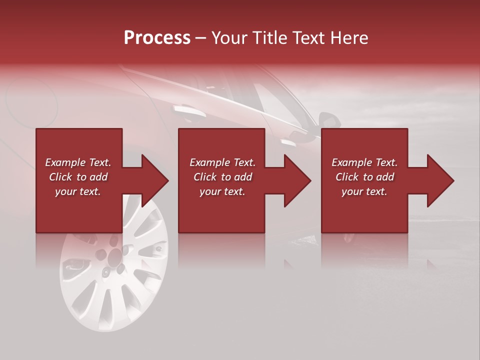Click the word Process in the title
(x=157, y=38)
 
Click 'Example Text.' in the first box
(x=78, y=162)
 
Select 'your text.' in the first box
(x=78, y=191)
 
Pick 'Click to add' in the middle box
(x=222, y=177)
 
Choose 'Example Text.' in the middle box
(x=222, y=162)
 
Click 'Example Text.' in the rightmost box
(x=364, y=162)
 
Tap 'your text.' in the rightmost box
(x=364, y=191)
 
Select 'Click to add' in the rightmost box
(x=364, y=177)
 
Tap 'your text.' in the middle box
(x=222, y=191)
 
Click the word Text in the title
(x=306, y=38)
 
